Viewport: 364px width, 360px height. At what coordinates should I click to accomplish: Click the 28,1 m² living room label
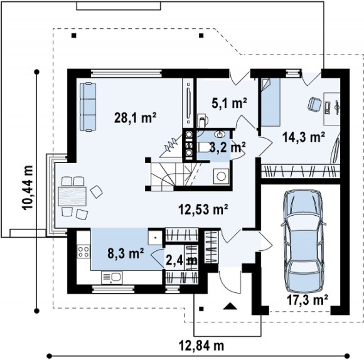136,118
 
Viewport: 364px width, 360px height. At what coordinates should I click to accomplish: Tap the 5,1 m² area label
229,103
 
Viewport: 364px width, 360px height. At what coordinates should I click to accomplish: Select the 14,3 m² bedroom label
303,137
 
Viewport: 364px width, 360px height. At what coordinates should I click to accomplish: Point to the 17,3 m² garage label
308,300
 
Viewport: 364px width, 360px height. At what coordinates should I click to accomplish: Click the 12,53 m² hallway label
203,209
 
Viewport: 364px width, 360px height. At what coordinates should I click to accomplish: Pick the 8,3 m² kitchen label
126,253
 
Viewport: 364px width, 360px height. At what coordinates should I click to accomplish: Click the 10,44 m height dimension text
28,188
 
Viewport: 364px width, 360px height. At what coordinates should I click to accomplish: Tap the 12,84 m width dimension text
201,346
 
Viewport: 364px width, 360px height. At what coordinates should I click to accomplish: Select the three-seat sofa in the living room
88,107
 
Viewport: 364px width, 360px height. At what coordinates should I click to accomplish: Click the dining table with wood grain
72,196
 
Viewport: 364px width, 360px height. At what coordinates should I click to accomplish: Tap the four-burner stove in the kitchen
83,251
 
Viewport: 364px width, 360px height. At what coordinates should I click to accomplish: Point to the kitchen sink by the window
112,277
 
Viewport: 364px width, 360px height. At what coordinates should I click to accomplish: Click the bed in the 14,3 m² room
270,102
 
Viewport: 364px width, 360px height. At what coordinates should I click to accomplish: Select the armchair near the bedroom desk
314,104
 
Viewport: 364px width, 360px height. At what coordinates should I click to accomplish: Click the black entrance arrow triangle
230,306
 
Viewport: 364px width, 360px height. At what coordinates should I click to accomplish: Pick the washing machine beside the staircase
222,176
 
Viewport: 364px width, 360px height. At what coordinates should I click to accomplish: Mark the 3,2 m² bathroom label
227,147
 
